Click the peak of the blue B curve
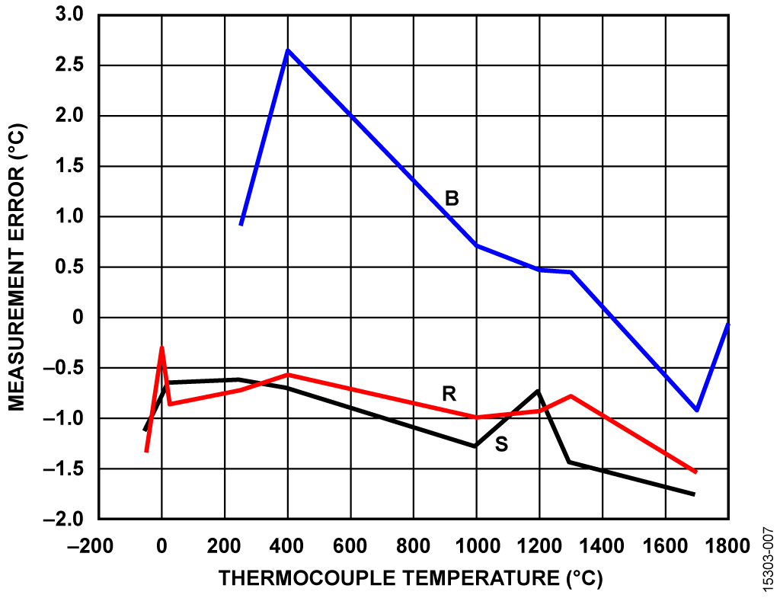[287, 50]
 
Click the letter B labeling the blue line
[452, 199]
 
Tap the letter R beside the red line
[449, 394]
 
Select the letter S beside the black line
[501, 444]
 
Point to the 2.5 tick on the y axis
[75, 66]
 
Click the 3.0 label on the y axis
[75, 15]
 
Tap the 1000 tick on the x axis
[476, 545]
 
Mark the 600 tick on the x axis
[350, 545]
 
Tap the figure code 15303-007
[767, 557]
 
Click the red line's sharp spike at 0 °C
[161, 347]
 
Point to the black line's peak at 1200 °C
[538, 391]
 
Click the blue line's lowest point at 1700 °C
[696, 410]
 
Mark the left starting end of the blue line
[241, 225]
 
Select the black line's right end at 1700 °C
[694, 494]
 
